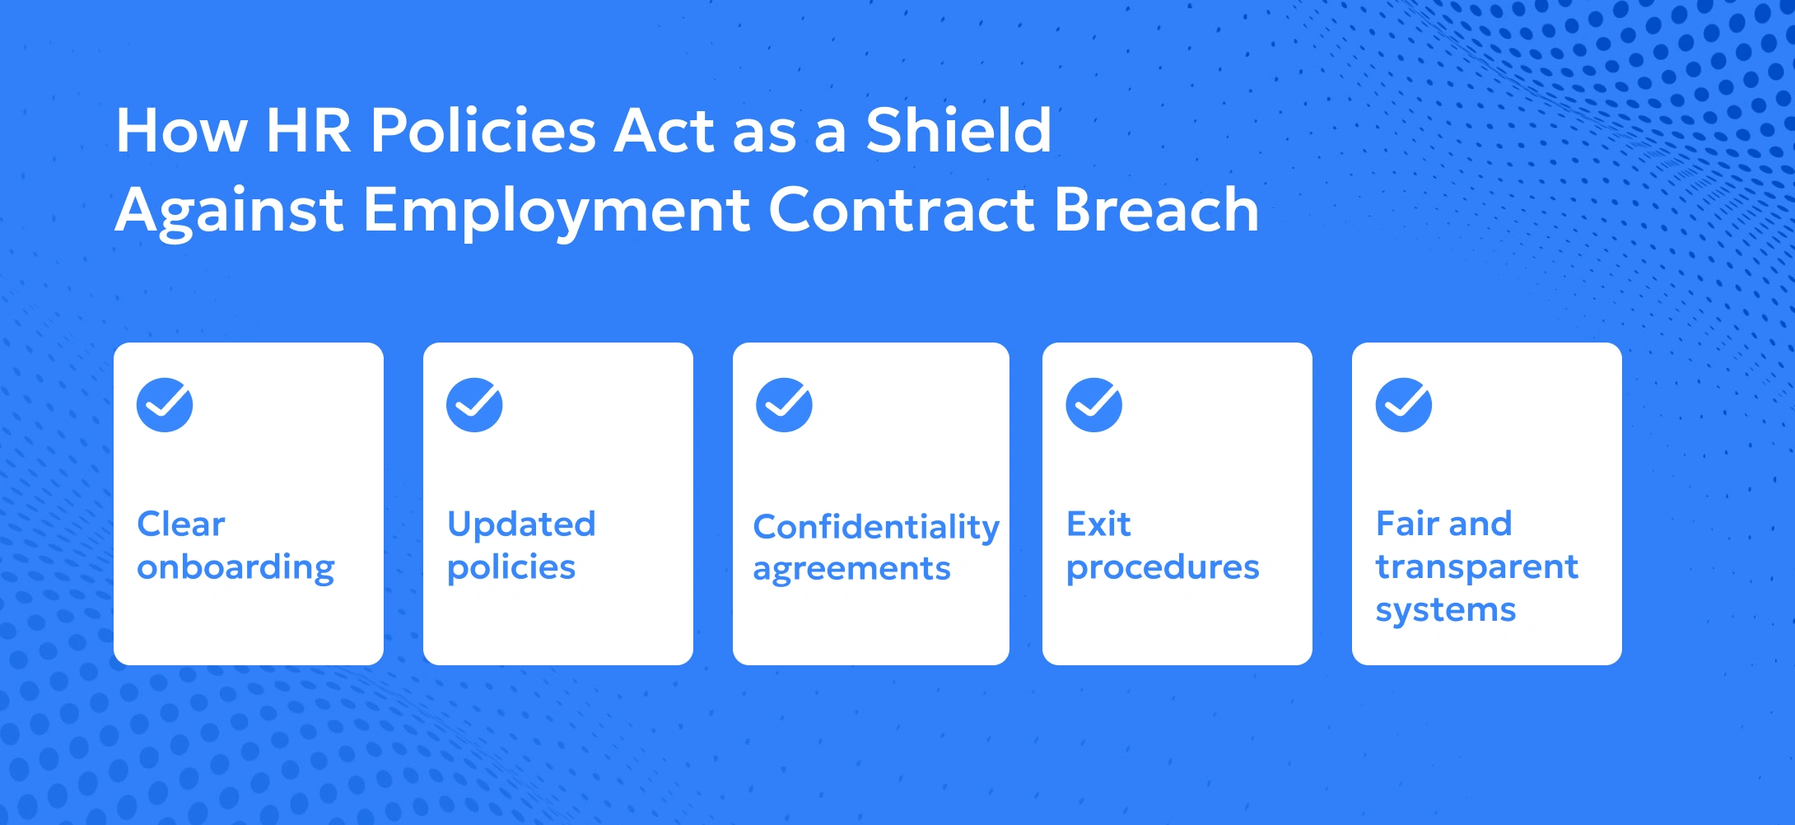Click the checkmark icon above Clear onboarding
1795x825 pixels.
click(165, 404)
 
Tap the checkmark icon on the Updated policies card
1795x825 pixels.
click(474, 404)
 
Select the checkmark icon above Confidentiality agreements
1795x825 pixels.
click(784, 404)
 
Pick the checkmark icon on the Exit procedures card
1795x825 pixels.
click(1093, 404)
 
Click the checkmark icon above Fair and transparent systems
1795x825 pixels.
click(1403, 404)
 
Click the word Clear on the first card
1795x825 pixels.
click(181, 524)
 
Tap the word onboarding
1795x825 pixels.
click(236, 568)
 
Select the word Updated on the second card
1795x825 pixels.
click(521, 524)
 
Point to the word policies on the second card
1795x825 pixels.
click(511, 568)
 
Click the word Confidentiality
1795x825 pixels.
click(876, 528)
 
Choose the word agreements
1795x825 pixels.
click(851, 570)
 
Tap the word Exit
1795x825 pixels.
click(1098, 524)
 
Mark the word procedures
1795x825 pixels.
click(1163, 568)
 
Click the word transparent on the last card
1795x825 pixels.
click(1477, 567)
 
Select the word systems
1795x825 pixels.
click(1446, 611)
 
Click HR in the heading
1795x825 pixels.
click(309, 131)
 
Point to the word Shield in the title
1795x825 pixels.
click(958, 130)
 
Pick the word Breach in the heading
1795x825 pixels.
click(1157, 209)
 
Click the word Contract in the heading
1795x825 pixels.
click(902, 209)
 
